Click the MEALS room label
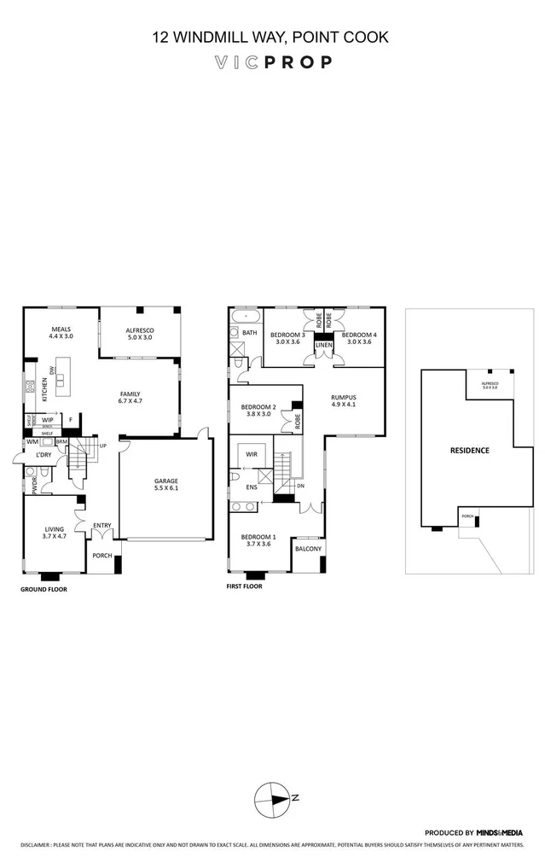tap(61, 329)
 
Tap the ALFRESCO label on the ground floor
tap(140, 329)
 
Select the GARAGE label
tap(166, 481)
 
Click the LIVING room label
tap(54, 529)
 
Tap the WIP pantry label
tap(48, 420)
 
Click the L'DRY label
tap(45, 456)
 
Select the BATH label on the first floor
tap(249, 333)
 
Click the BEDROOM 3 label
tap(287, 335)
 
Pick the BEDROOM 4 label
tap(358, 335)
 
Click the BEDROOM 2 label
tap(258, 407)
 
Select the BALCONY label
tap(307, 549)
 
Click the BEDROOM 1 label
tap(258, 536)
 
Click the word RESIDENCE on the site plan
tap(470, 450)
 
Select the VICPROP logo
tap(272, 61)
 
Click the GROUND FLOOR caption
tap(43, 589)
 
